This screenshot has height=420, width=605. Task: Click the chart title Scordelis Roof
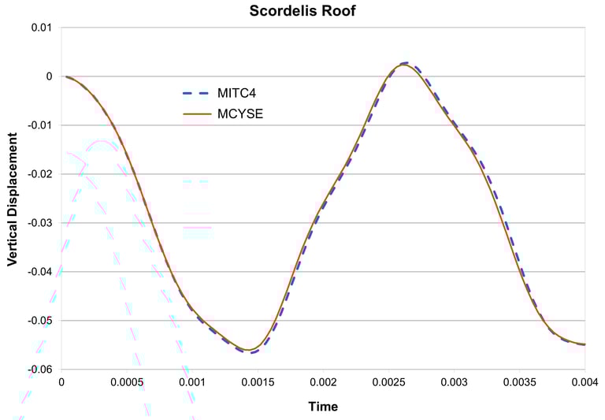point(302,11)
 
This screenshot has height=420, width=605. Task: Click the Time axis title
point(323,407)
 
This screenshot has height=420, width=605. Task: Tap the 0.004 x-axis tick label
point(585,382)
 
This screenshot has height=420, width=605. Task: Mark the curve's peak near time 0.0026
point(403,64)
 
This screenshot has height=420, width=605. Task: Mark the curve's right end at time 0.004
point(585,344)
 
